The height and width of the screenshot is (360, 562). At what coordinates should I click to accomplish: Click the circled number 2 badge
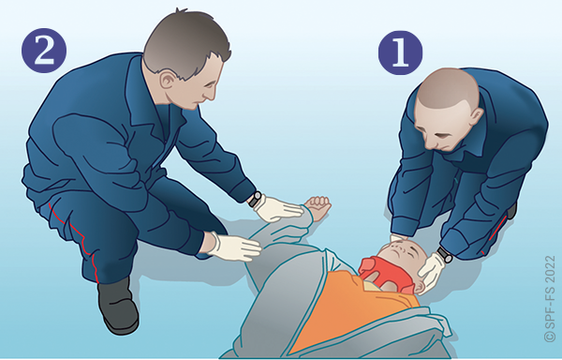44,51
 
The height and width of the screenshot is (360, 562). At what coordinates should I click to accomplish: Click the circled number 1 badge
400,52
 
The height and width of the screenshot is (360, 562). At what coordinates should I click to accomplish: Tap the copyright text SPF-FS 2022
550,298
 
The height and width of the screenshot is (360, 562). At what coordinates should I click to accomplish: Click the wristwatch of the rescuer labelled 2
255,199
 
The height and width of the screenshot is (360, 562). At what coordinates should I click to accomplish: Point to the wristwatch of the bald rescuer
445,254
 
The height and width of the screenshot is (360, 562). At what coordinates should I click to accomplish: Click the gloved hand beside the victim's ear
431,273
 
